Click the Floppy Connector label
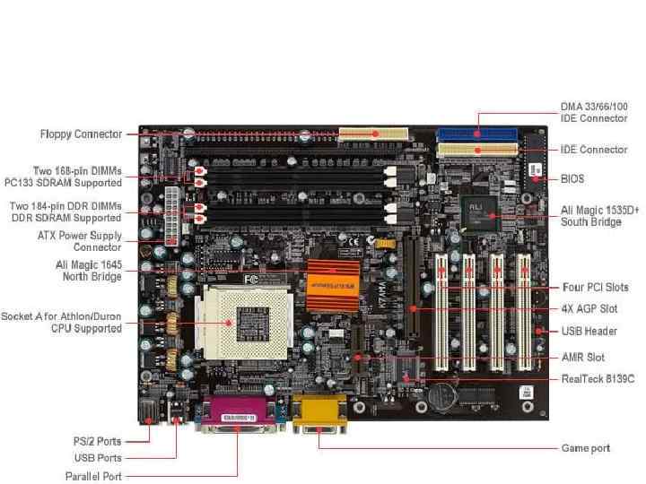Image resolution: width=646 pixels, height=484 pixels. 81,134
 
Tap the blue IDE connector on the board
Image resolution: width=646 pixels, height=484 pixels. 476,133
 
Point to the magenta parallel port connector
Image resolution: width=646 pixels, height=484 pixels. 239,415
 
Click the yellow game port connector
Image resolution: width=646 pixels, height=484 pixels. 319,414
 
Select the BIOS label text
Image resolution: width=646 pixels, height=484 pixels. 572,179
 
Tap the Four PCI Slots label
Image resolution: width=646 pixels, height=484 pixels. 595,288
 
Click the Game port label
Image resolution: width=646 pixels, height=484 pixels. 585,447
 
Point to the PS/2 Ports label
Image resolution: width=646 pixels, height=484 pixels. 98,441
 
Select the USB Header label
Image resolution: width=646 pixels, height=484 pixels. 589,331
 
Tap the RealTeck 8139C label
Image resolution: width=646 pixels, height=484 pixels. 598,379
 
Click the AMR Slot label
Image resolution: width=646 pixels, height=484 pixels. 582,357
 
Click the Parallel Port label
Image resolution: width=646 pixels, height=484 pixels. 93,476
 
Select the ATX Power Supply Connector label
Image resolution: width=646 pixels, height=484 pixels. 79,241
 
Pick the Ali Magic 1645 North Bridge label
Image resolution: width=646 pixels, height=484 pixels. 88,271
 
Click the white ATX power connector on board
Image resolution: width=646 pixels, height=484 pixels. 171,216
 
